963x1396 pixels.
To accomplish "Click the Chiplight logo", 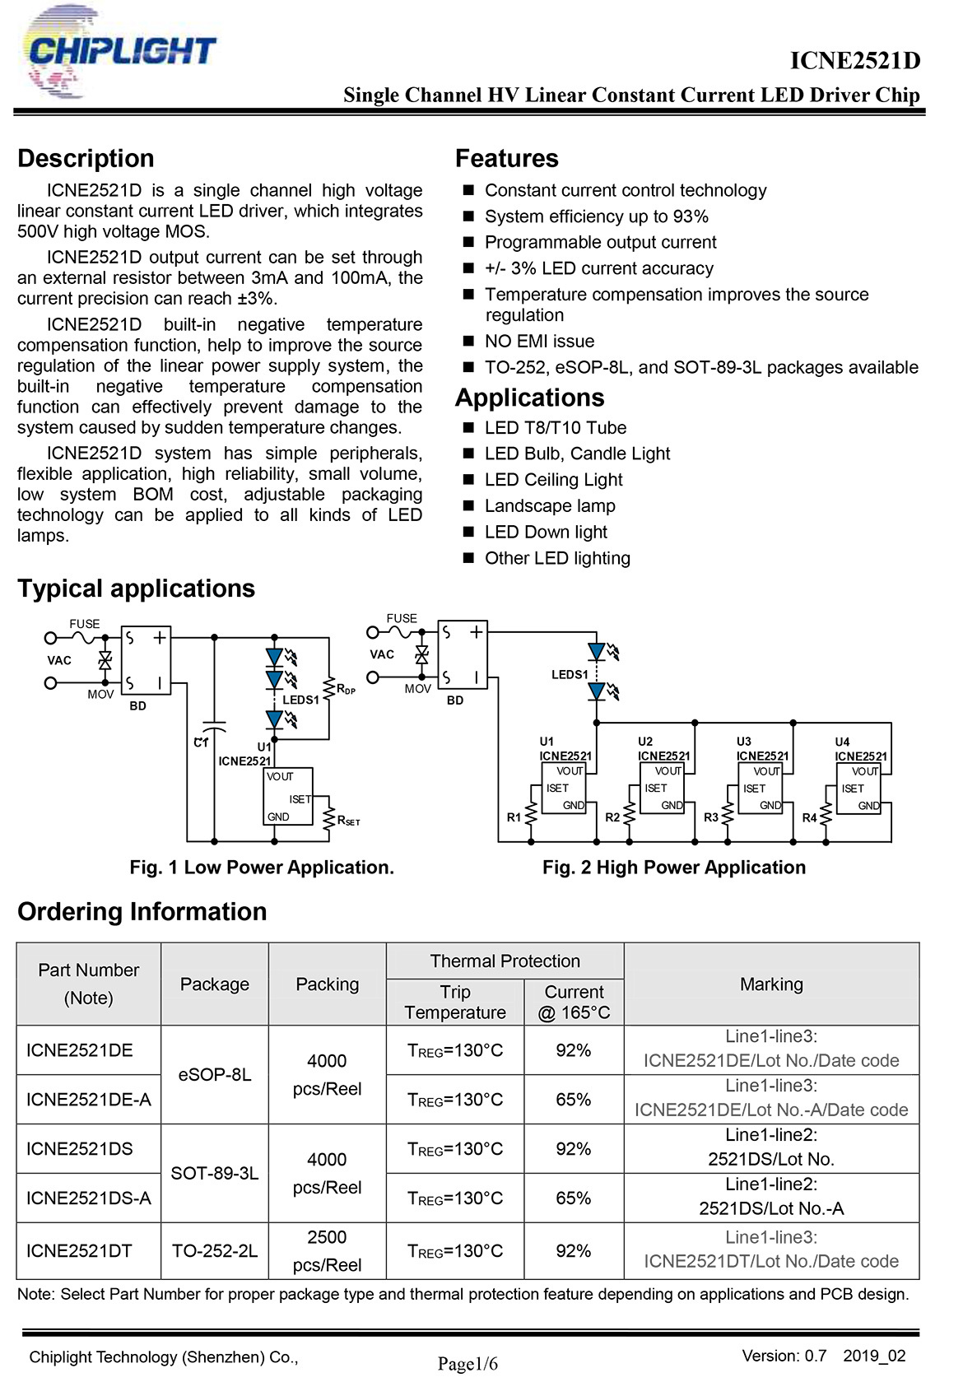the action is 119,51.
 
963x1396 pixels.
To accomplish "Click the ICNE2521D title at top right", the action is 854,60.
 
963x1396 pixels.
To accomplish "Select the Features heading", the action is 506,158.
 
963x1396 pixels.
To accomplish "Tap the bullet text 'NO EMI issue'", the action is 539,341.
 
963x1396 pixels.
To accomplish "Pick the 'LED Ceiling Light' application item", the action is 553,479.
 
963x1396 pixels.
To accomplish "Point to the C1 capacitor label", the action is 201,742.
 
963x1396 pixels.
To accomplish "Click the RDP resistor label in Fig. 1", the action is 346,689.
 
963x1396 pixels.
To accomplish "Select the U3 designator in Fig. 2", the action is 743,742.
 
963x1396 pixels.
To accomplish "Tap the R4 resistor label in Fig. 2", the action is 809,817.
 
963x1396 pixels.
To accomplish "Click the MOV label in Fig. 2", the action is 417,689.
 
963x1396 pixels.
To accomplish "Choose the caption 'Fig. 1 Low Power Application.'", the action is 262,867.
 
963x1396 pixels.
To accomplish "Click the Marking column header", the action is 771,984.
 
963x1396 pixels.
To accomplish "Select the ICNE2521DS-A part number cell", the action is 89,1198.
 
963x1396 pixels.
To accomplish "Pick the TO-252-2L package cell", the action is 215,1251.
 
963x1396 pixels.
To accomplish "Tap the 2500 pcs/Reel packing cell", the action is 327,1251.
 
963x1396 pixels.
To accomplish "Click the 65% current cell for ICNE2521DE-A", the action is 573,1099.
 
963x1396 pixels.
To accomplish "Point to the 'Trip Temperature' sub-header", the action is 455,1002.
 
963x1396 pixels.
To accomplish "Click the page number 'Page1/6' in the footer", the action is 468,1364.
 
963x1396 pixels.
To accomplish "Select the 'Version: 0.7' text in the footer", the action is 784,1356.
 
